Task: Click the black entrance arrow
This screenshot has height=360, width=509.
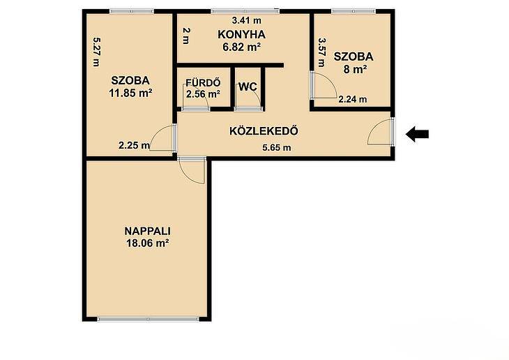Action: coord(418,134)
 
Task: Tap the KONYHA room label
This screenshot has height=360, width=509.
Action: coord(241,34)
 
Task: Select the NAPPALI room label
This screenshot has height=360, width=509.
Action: coord(148,231)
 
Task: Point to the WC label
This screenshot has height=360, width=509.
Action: coord(248,87)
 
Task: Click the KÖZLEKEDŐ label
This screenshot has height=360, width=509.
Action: coord(264,130)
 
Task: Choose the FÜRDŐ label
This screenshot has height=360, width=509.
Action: coord(203,82)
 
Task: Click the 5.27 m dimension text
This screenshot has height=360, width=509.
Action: coord(96,52)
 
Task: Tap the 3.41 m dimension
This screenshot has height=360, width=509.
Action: coord(247,20)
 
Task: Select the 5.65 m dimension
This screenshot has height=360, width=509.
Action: coord(277,148)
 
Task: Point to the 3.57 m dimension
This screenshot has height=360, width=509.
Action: coord(321,52)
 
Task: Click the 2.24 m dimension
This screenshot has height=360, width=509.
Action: coord(353,99)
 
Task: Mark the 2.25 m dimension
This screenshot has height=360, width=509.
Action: coord(134,145)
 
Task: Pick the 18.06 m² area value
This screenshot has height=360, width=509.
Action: coord(148,243)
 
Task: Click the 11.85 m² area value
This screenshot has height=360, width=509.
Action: coord(131,93)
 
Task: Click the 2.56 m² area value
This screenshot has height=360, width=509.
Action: coord(203,94)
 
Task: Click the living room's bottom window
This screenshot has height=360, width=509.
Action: coord(148,320)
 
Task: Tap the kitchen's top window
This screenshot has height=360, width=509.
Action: coord(245,11)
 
